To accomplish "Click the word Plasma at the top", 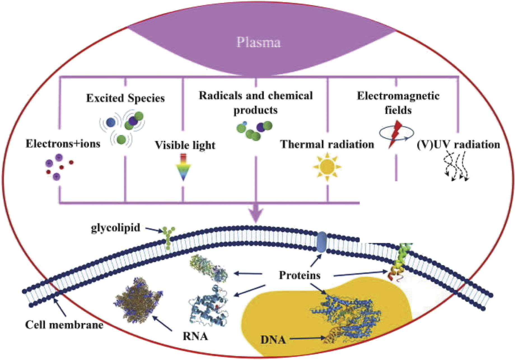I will [258, 43].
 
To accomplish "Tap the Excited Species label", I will [125, 98].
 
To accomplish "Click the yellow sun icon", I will [327, 167].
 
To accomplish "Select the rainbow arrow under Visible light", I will [183, 167].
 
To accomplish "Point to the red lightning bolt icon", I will [395, 134].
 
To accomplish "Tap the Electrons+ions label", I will [63, 144].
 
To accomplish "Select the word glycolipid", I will [115, 228].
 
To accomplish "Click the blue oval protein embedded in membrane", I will [321, 242].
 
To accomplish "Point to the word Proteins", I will [300, 275].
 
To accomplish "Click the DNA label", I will [273, 340].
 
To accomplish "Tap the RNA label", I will [195, 336].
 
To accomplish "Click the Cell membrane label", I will [64, 325].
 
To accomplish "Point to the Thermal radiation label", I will [327, 145].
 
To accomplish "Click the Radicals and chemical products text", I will [256, 103].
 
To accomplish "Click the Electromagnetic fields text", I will [398, 103].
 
